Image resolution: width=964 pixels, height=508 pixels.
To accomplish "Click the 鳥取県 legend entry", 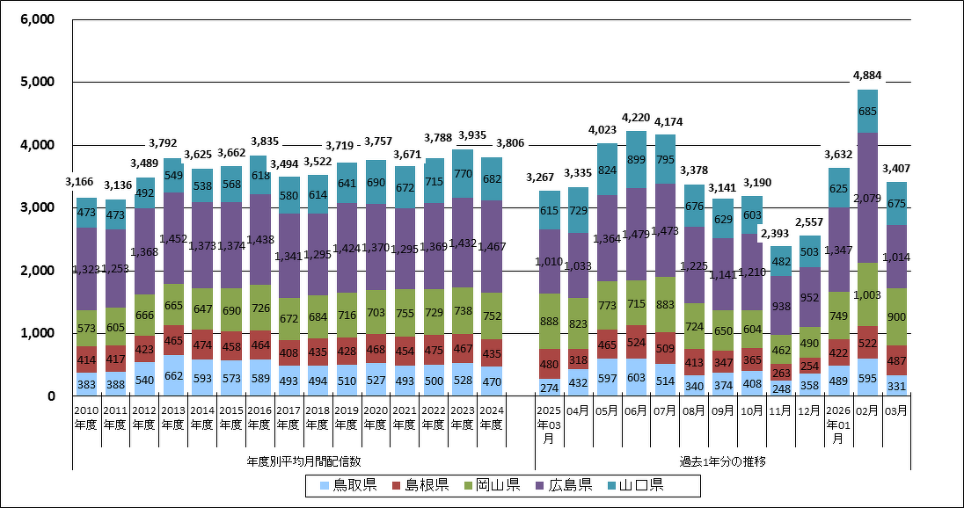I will (x=344, y=485).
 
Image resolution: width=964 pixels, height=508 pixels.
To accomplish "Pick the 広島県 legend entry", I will (x=563, y=485).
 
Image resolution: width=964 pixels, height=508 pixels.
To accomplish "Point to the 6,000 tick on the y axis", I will (x=36, y=19).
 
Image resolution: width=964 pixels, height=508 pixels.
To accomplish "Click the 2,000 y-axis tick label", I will (x=36, y=271).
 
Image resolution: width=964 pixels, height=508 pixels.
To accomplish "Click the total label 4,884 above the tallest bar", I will (x=867, y=76).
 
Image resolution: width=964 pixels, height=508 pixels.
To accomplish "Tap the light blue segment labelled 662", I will (x=173, y=375).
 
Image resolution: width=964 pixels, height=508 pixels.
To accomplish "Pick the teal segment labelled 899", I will (x=636, y=160).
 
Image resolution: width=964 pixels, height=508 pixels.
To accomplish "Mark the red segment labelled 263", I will (x=780, y=372).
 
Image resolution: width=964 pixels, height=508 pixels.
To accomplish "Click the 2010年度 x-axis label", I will (x=86, y=418).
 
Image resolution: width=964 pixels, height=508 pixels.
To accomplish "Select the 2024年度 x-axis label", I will (x=492, y=418).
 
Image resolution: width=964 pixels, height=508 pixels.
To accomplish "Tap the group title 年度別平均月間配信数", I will (x=303, y=460).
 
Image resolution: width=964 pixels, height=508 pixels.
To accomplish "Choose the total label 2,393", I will (x=780, y=234).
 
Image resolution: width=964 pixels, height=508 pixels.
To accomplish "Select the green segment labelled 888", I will (x=550, y=321).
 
